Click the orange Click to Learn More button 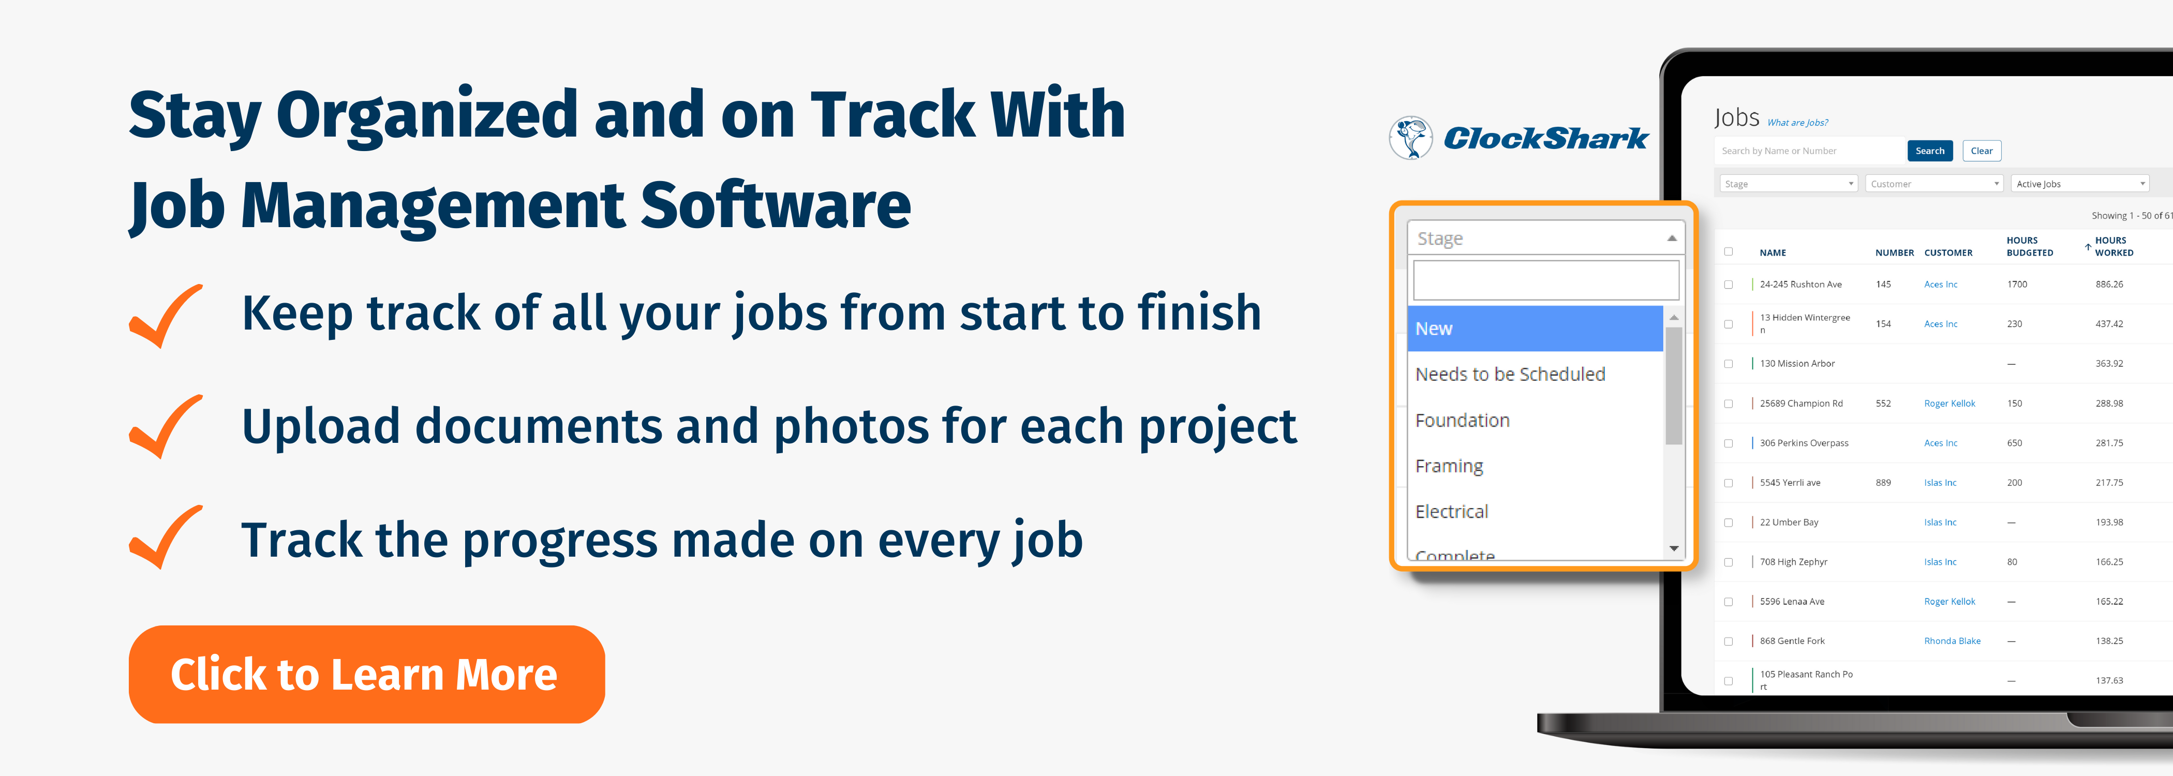click(367, 674)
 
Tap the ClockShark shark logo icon click(1410, 138)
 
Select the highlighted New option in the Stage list click(1535, 328)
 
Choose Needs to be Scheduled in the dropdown click(1510, 374)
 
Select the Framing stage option click(1448, 466)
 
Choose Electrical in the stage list click(1451, 511)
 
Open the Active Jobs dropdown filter click(2079, 184)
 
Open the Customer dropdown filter click(1933, 184)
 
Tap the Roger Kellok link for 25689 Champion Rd click(1949, 403)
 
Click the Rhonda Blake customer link click(1952, 641)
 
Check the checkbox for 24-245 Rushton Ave click(1729, 284)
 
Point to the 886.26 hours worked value click(2109, 284)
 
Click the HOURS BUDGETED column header click(2030, 246)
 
